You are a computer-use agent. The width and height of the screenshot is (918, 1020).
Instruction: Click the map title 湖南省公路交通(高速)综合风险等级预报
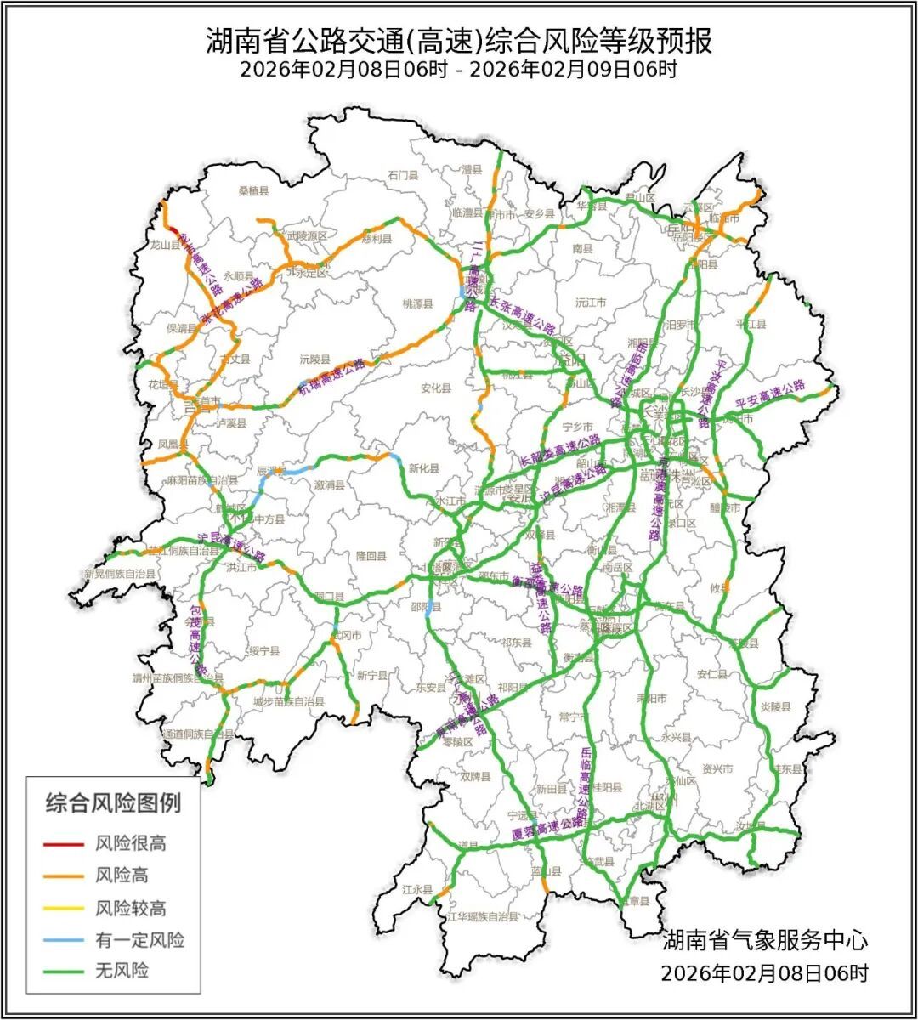(458, 39)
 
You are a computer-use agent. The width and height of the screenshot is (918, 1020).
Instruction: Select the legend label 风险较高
(130, 909)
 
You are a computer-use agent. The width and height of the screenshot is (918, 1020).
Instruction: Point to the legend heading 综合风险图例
(113, 802)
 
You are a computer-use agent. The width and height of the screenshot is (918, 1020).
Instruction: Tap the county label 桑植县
(252, 191)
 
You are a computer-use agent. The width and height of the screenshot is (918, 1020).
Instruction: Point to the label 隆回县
(371, 556)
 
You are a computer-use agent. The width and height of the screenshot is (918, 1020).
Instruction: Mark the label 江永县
(417, 889)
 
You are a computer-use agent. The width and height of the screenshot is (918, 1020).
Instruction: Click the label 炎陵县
(775, 706)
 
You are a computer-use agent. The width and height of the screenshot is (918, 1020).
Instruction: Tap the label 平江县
(751, 324)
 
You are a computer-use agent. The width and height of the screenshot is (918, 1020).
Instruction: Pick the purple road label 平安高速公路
(770, 394)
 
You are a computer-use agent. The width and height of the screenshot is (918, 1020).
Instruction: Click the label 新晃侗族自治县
(120, 574)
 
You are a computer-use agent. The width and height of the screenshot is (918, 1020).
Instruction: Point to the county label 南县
(582, 249)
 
